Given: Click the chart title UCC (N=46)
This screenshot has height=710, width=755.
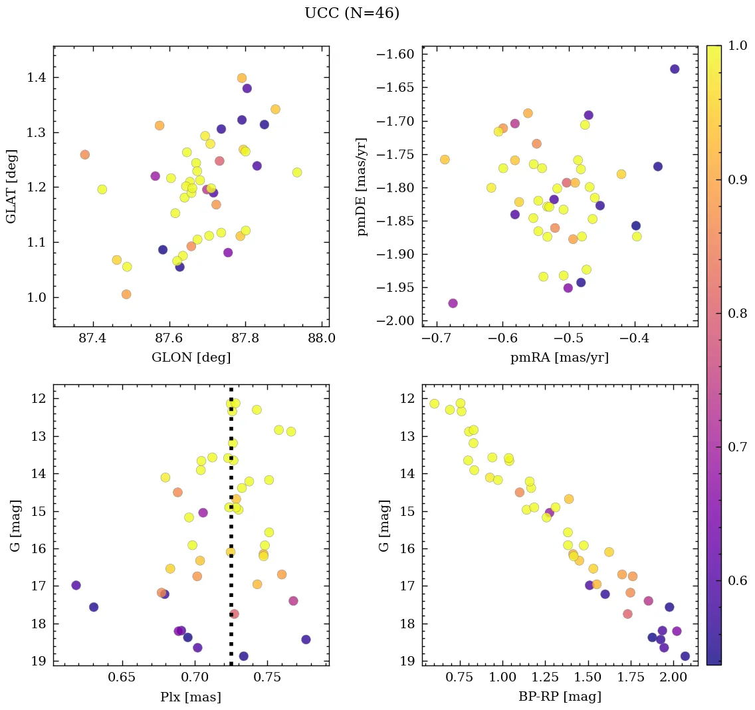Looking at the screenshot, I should coord(352,13).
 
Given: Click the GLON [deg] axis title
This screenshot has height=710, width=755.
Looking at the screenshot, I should coord(191,358).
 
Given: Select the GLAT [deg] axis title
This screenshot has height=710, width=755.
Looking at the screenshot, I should coord(11,186).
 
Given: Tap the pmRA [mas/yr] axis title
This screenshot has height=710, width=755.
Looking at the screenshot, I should coord(559,358).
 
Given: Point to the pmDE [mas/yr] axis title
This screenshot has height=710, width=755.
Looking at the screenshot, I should coord(362,186).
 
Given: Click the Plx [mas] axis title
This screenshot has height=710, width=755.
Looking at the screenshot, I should coord(191,697).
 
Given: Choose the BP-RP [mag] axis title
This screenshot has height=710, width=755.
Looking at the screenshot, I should coord(559,697).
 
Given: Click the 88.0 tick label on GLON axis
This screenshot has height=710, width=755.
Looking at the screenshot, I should coord(322,340).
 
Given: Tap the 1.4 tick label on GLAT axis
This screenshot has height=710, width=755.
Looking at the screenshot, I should coord(37,78).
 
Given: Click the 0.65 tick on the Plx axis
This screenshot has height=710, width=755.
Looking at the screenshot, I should coord(123,679).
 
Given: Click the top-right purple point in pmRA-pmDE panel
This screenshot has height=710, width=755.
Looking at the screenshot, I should coord(675,69).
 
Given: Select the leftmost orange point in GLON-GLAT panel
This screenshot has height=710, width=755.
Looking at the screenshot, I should coord(84,155).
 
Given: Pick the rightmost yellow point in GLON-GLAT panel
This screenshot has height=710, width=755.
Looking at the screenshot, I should coord(297,173).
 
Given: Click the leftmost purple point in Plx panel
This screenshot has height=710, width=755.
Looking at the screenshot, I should coord(76,585).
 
